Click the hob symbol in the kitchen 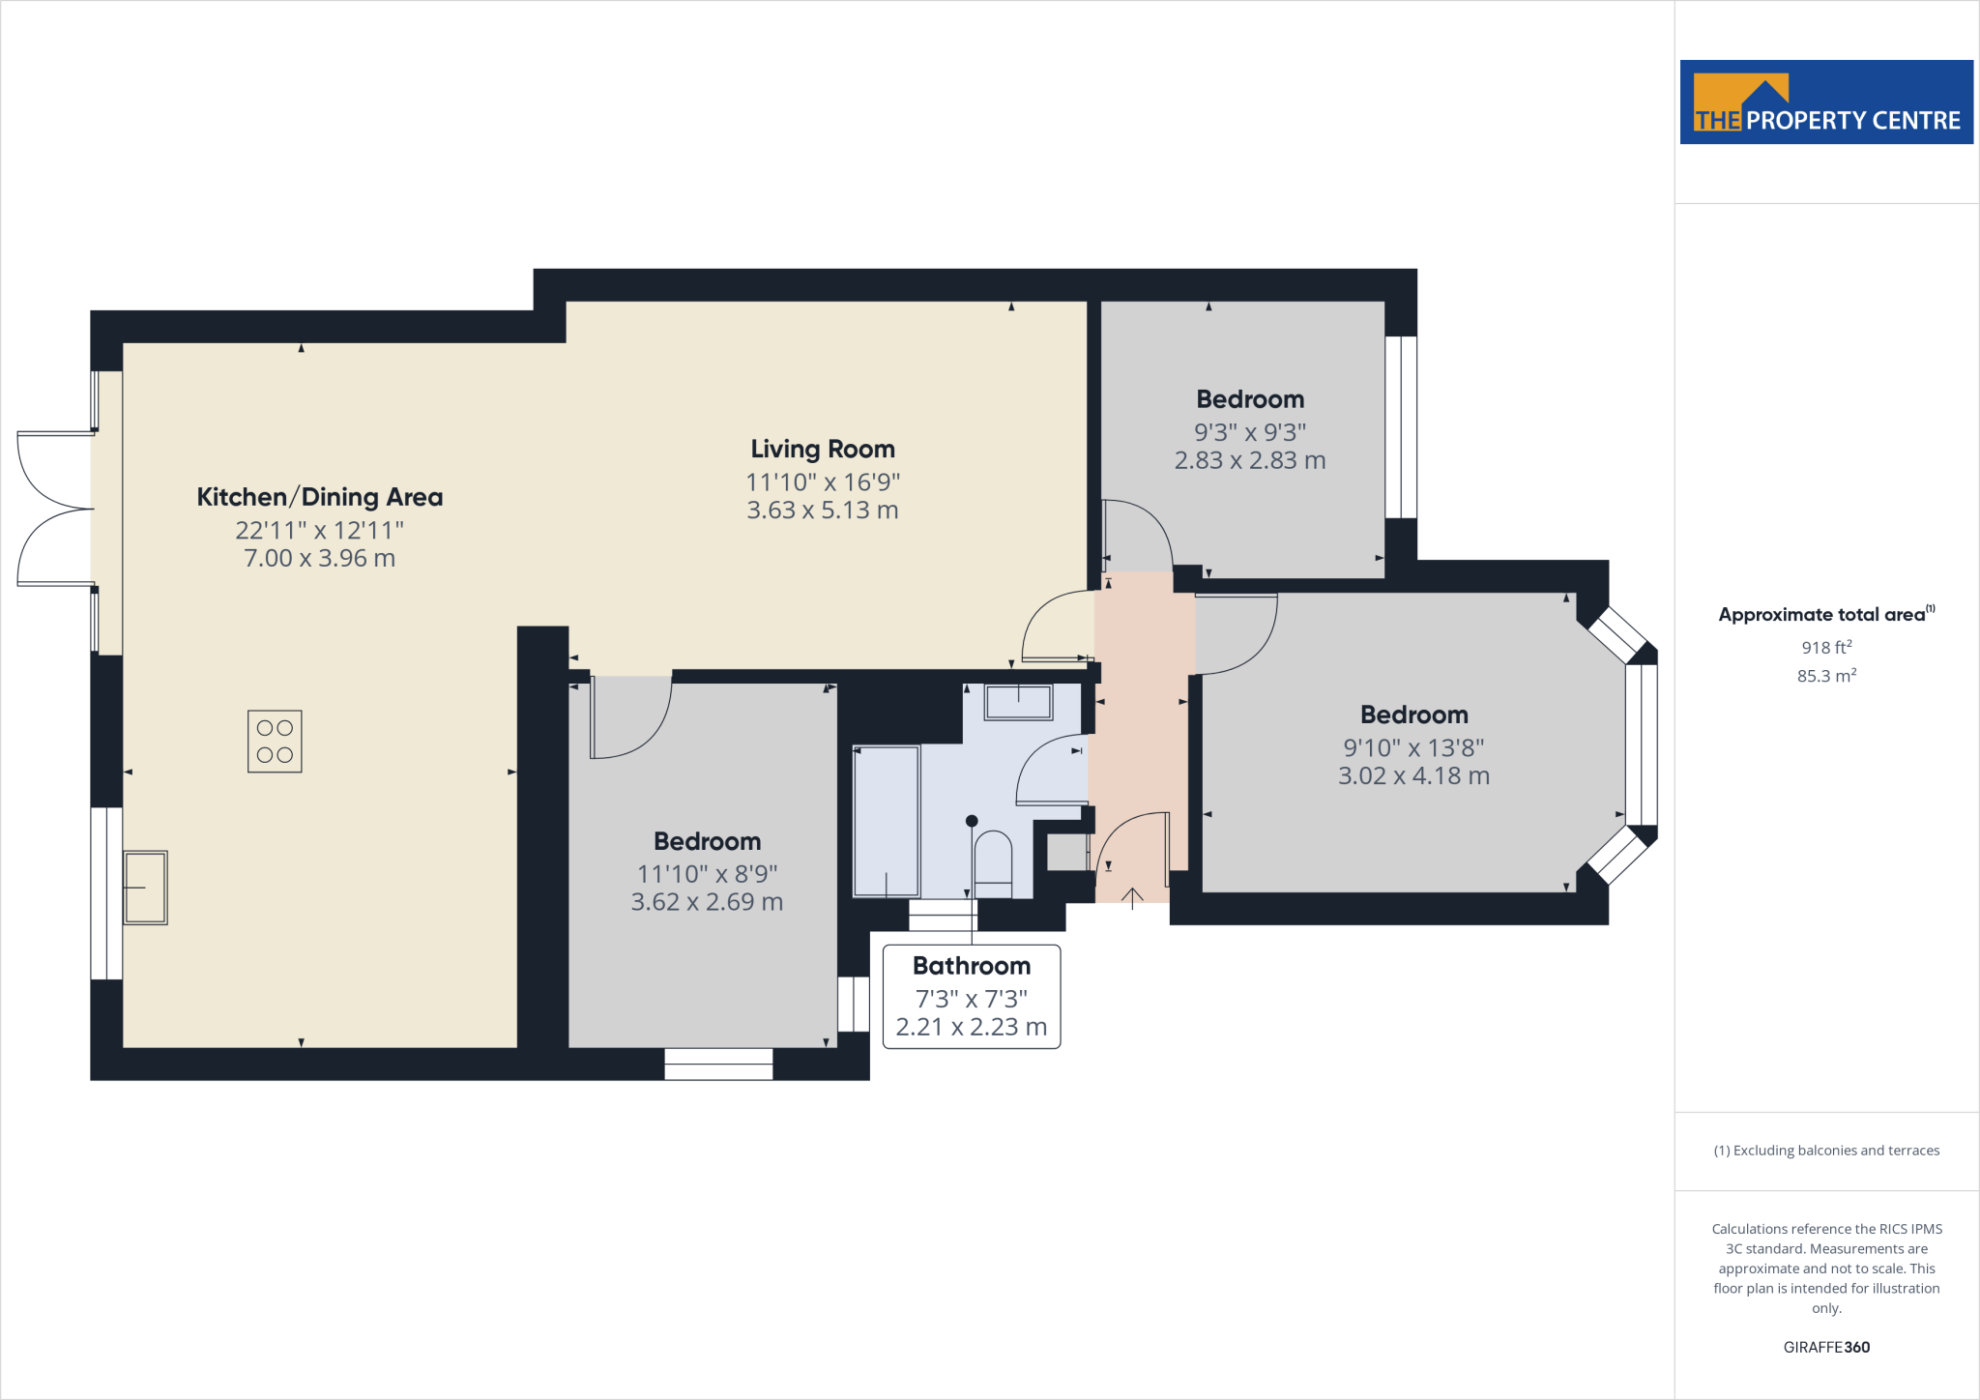click(275, 742)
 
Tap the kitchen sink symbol click(145, 888)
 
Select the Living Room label click(823, 450)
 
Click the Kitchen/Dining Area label click(319, 497)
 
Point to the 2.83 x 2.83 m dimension click(1249, 461)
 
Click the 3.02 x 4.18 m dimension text click(1412, 776)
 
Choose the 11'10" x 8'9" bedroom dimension click(707, 874)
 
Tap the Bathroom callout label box click(972, 997)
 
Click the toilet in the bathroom click(993, 863)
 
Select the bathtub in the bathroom click(887, 821)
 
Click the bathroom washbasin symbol click(1018, 702)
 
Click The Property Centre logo click(1825, 102)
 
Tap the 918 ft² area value click(1825, 648)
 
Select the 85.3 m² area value click(1825, 676)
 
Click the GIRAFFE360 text click(1825, 1347)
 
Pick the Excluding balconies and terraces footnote click(1825, 1151)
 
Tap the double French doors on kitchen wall click(55, 509)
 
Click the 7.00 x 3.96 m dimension click(319, 559)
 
